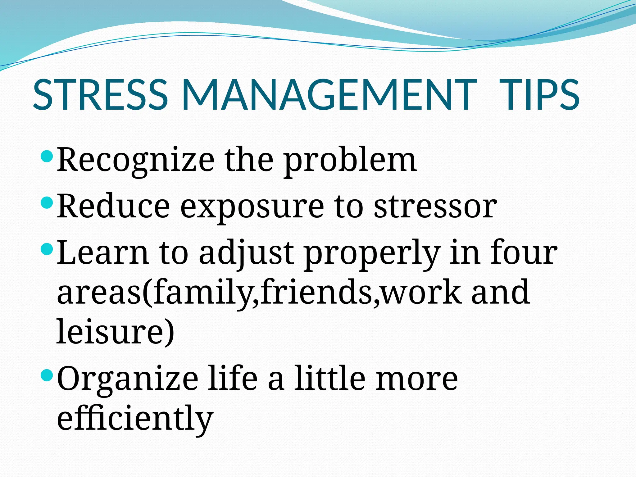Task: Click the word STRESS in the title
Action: (x=100, y=95)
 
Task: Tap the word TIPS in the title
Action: (x=539, y=95)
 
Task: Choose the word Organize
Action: (x=128, y=380)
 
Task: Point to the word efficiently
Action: (x=135, y=418)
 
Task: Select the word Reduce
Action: (x=113, y=207)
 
